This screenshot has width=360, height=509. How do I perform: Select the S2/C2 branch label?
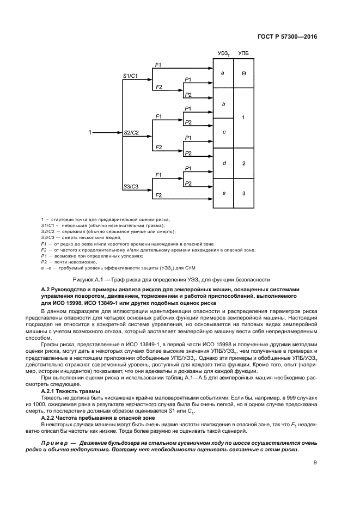pyautogui.click(x=131, y=132)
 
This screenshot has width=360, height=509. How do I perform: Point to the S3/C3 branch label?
pyautogui.click(x=130, y=186)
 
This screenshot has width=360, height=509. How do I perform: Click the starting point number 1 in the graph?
pyautogui.click(x=90, y=132)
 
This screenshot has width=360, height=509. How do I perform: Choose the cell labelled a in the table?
pyautogui.click(x=223, y=72)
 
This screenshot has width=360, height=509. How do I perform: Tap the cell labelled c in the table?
pyautogui.click(x=223, y=132)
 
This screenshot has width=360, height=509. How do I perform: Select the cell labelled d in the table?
pyautogui.click(x=223, y=163)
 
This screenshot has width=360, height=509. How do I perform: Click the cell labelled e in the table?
pyautogui.click(x=223, y=193)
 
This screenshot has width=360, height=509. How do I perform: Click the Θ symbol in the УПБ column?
pyautogui.click(x=243, y=72)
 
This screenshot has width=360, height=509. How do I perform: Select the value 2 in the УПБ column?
pyautogui.click(x=243, y=163)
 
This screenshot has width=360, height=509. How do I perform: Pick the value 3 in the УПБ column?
pyautogui.click(x=243, y=193)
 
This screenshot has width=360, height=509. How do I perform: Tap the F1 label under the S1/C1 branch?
pyautogui.click(x=158, y=65)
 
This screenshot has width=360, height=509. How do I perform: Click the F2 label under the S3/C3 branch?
pyautogui.click(x=158, y=195)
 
